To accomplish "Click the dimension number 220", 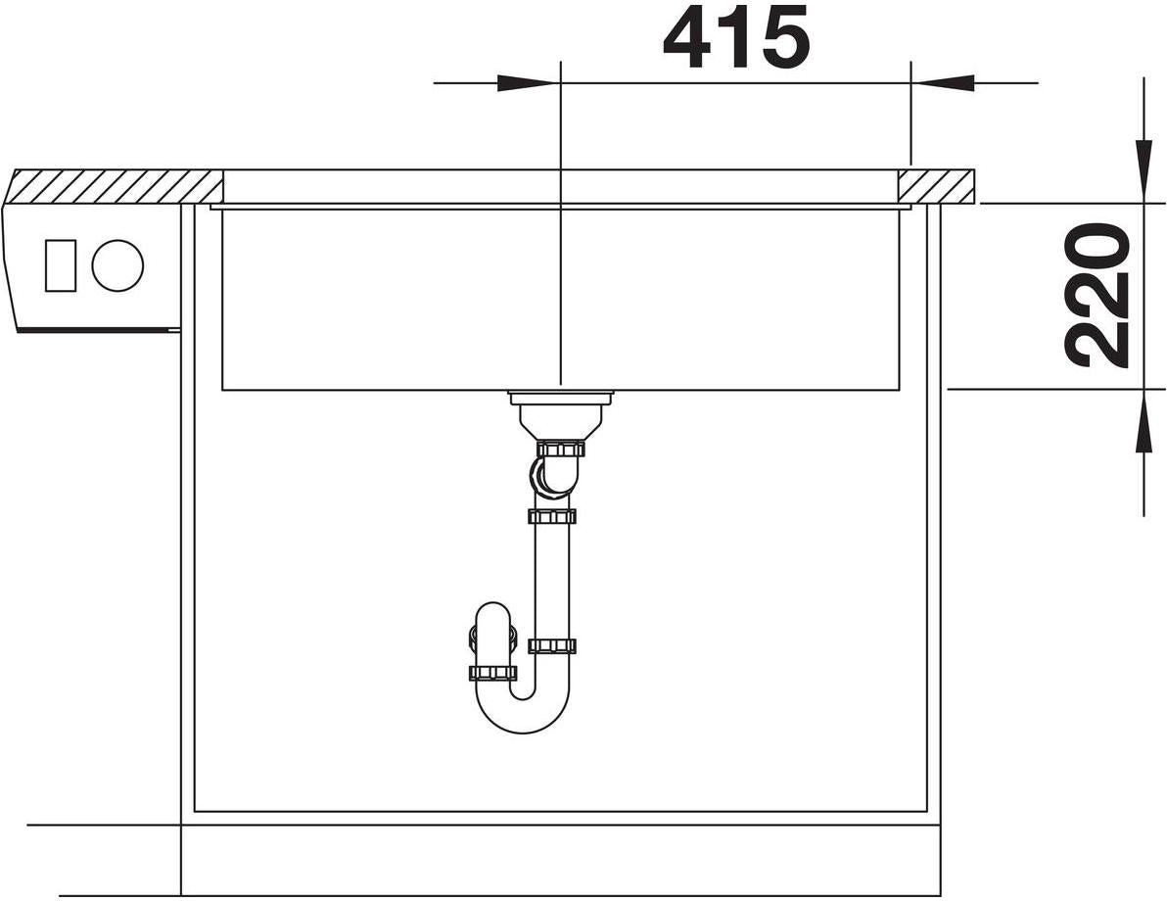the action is [1097, 296].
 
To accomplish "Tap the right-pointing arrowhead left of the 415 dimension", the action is [527, 82].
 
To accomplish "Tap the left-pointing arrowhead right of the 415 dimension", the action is [942, 82].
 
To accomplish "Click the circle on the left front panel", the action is [117, 265].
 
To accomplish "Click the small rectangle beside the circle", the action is [61, 265].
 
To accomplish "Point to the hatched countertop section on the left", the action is [114, 186].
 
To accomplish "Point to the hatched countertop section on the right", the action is [936, 185].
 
